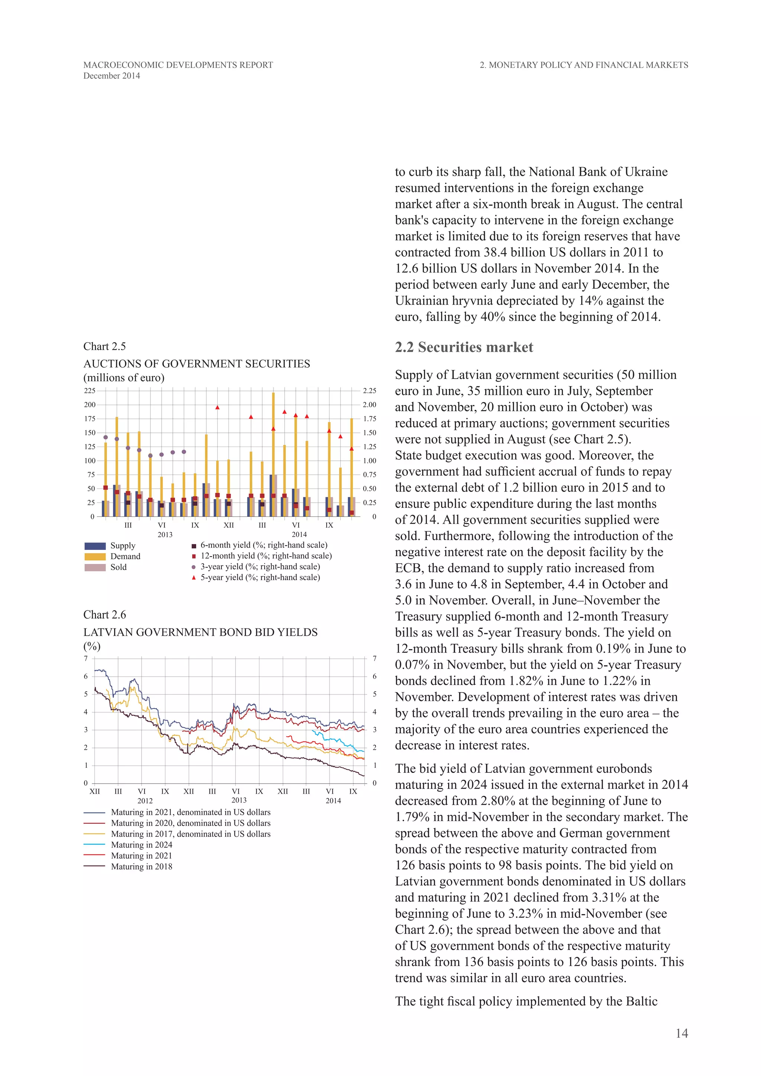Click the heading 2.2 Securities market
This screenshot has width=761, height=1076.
[463, 347]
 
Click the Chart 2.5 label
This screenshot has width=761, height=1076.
[104, 346]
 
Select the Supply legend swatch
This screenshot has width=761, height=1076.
[95, 546]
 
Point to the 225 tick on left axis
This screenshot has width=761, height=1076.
[90, 391]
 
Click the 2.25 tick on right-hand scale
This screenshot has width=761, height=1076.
[369, 391]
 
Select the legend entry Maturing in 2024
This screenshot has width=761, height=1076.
[142, 845]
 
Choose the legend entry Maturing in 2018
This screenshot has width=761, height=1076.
[142, 866]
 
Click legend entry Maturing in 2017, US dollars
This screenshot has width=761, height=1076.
[190, 834]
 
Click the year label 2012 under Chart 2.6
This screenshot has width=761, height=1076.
[145, 801]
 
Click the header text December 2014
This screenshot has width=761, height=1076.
[111, 76]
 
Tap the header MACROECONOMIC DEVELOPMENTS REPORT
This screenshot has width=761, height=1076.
[178, 65]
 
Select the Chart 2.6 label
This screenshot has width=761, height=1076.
[104, 615]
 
